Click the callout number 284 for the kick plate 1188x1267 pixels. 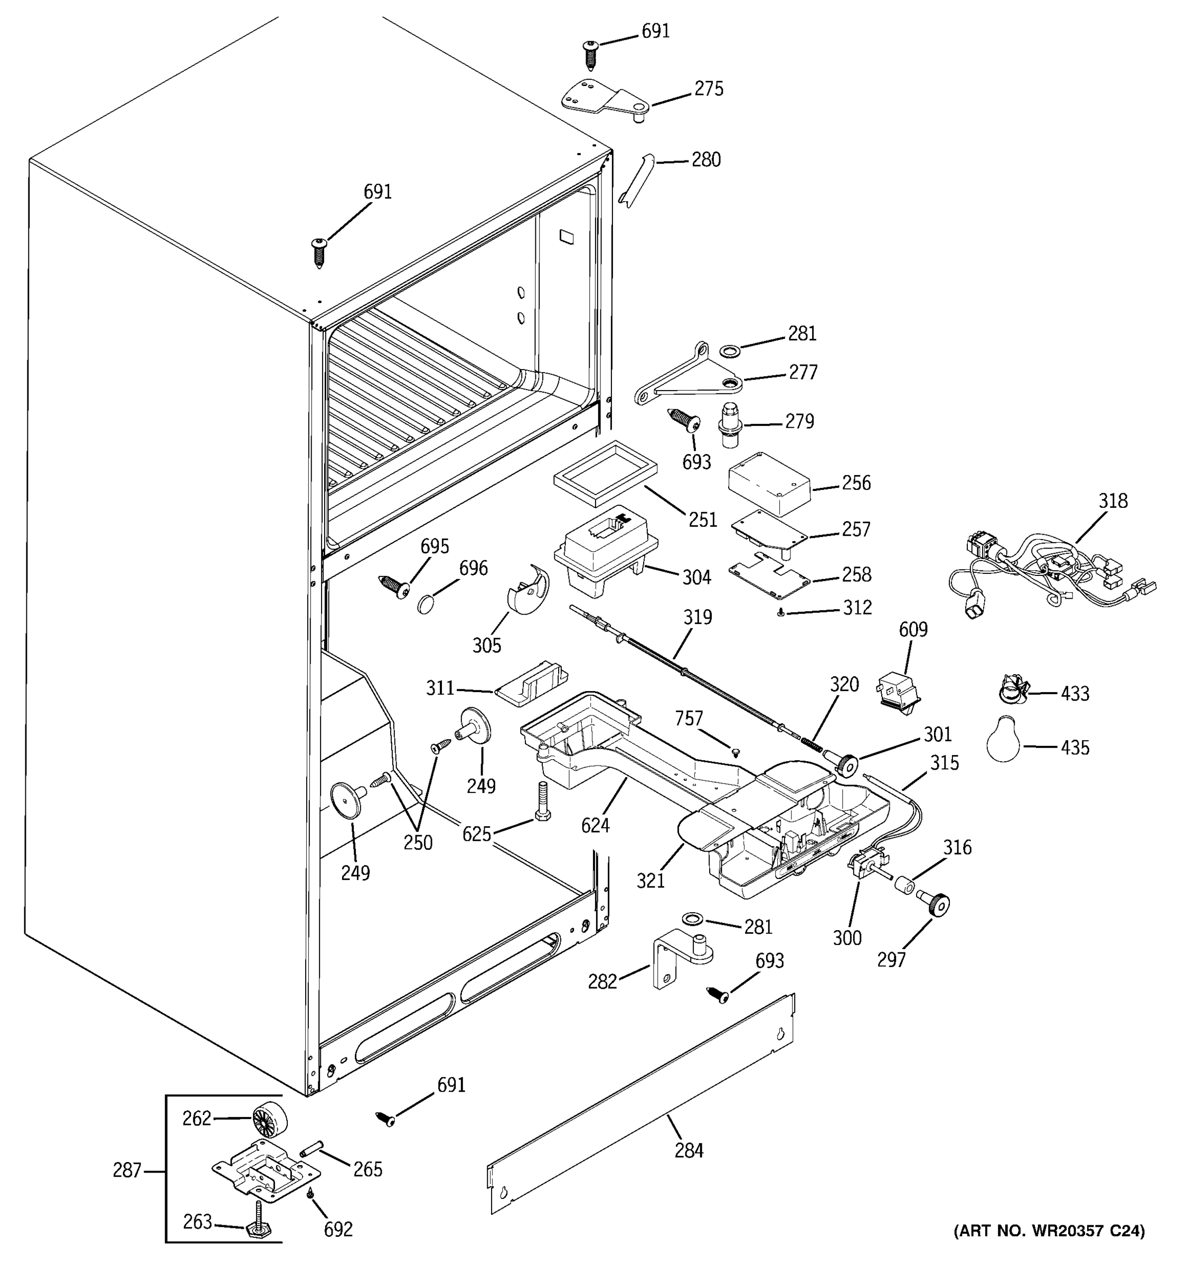[x=689, y=1150]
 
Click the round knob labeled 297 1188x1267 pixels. [x=934, y=904]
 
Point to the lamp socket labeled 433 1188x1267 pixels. [x=1012, y=689]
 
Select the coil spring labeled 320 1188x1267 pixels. [x=809, y=743]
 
